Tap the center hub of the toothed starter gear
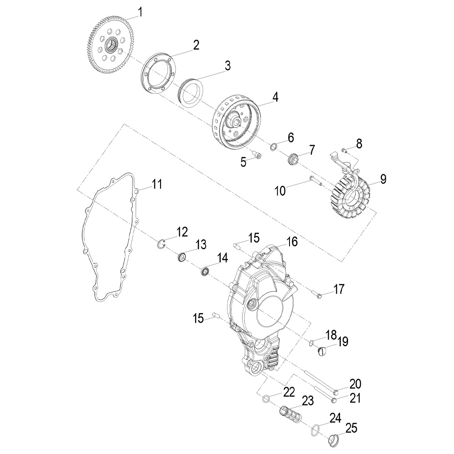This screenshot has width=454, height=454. pos(111,45)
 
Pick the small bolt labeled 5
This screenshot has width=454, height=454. pos(256,154)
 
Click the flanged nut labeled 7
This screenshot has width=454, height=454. pos(294,158)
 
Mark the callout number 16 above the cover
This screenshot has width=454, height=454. pos(292,242)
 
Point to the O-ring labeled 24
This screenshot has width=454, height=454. pos(315,429)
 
